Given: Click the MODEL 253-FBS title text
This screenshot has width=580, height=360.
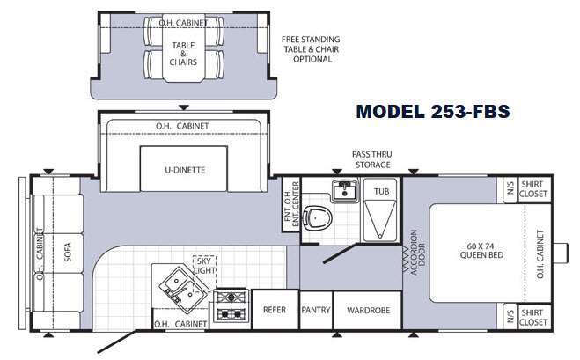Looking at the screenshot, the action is [433, 112].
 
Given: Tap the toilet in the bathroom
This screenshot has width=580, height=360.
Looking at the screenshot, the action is [317, 217].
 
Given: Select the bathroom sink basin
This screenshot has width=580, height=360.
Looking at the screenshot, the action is [345, 190].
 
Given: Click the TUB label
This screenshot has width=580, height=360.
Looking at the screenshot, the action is [381, 191].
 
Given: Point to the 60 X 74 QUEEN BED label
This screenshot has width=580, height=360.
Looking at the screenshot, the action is [481, 251].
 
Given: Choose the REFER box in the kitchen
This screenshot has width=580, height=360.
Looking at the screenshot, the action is [275, 310].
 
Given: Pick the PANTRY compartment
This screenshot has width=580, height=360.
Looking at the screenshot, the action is [316, 310].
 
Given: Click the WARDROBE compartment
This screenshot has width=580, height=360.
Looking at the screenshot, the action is [368, 310].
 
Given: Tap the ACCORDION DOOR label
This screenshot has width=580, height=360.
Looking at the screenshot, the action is [417, 253].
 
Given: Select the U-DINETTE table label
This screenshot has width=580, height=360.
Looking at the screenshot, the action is [185, 170].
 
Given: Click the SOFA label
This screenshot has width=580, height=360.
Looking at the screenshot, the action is [68, 252].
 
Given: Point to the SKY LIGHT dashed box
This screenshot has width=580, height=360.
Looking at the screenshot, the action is [204, 266].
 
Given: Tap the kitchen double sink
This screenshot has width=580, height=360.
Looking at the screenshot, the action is [181, 288].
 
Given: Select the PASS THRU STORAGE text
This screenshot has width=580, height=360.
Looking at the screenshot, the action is [372, 159].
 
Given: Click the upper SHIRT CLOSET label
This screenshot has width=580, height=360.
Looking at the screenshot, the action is [533, 188].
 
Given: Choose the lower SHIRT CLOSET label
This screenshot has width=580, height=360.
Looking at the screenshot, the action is [533, 318].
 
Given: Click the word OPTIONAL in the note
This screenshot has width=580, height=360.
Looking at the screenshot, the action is [312, 59].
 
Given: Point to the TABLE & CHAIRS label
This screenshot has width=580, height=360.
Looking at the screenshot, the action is [183, 54].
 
